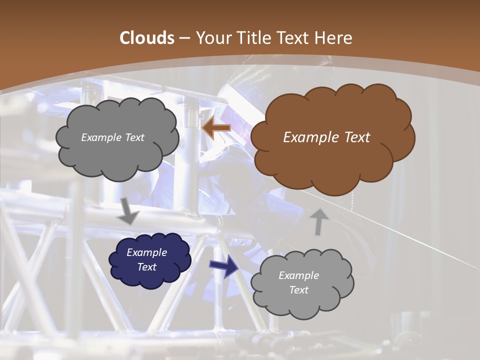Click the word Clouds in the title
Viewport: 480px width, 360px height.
[x=146, y=38]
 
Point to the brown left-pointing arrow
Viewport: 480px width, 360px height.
[x=216, y=128]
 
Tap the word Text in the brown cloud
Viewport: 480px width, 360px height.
[x=357, y=137]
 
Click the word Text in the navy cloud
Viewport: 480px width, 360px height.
[x=147, y=267]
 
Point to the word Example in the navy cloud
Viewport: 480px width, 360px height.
[x=147, y=252]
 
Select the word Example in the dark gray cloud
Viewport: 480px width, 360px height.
[x=100, y=137]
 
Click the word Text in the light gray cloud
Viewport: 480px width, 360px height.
[x=299, y=290]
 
